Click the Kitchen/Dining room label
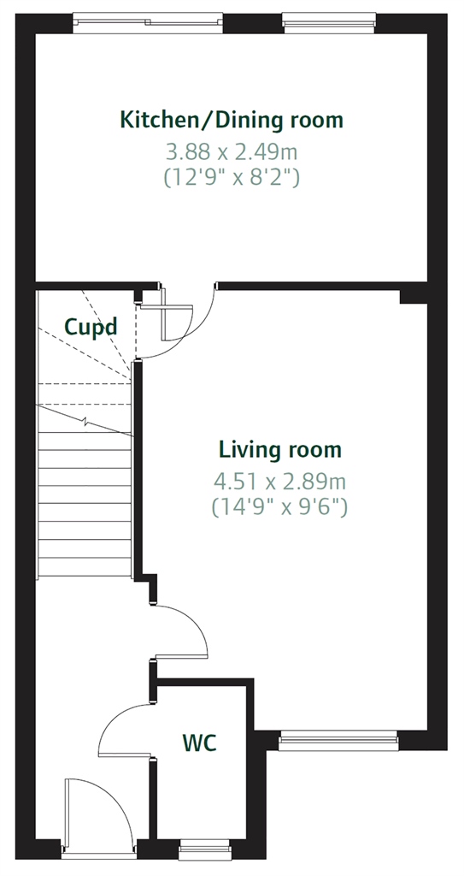[x=232, y=120]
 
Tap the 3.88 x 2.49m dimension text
[x=232, y=151]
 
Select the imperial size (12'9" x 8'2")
[x=232, y=178]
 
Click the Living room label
[x=279, y=450]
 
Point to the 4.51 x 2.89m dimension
[x=279, y=481]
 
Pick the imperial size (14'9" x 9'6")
[x=279, y=507]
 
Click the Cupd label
[x=91, y=327]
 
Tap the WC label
[x=199, y=743]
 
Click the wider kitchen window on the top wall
[x=148, y=21]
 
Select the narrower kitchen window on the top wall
[x=329, y=21]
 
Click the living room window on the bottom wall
[x=338, y=741]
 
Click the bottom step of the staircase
[x=85, y=567]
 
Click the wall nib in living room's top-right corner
[x=414, y=297]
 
